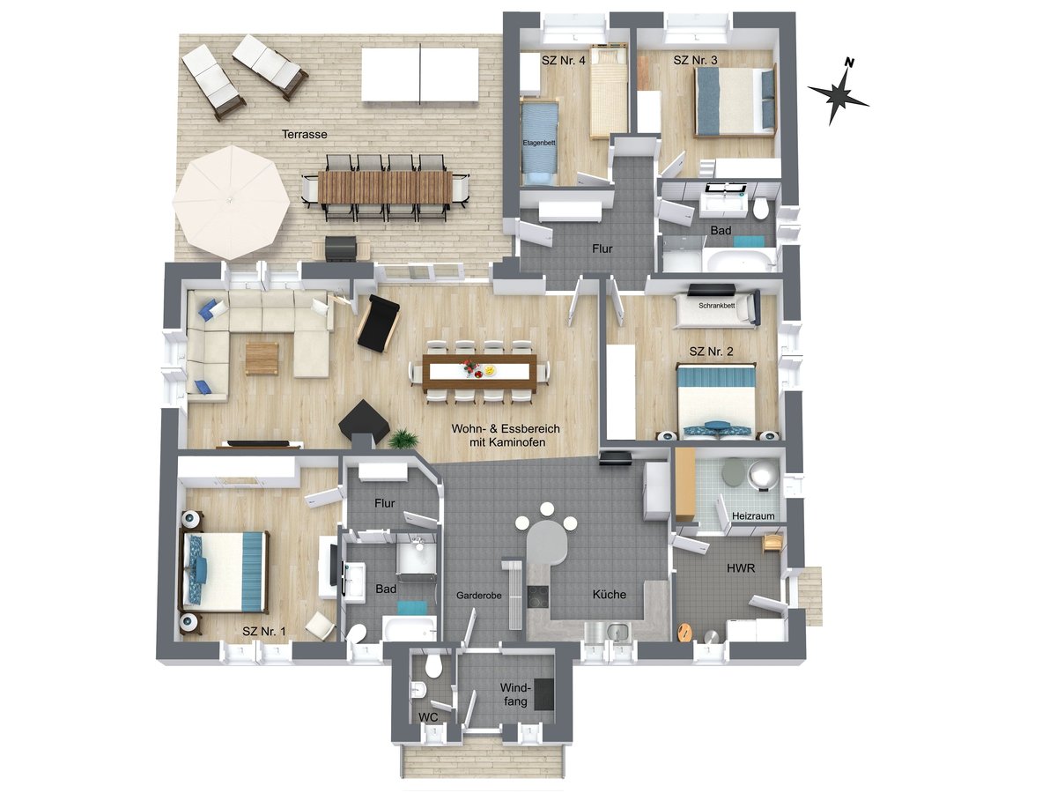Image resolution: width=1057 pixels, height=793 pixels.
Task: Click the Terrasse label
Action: tap(305, 135)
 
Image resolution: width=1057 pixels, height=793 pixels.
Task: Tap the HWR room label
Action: tap(742, 568)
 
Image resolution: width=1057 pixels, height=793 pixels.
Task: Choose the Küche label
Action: tap(610, 594)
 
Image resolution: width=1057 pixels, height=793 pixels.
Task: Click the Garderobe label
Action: tap(479, 597)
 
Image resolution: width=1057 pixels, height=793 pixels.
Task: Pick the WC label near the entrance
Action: tap(429, 717)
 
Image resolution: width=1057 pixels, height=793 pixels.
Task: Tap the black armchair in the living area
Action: tap(379, 323)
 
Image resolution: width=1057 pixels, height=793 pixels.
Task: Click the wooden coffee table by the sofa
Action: tap(262, 359)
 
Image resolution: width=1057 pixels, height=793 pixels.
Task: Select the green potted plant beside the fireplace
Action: tap(403, 438)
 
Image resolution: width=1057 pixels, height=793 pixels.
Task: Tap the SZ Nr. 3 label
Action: tap(696, 61)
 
